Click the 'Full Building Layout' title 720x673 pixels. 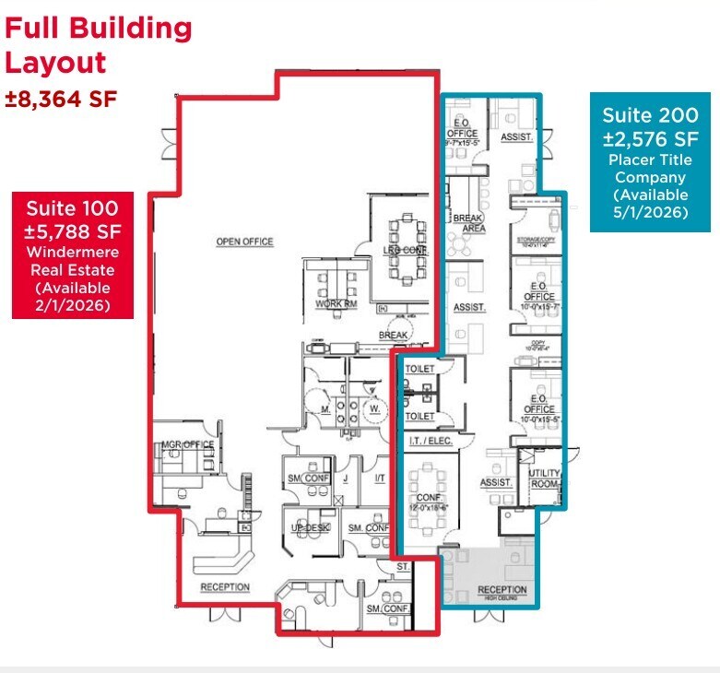99,45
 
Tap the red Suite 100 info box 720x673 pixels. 72,254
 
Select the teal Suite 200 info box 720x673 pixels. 650,161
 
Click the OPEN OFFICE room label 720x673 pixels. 244,242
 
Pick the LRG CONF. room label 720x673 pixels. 402,251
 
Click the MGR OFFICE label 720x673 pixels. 188,444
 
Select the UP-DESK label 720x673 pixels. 311,527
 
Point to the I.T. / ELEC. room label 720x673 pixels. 429,442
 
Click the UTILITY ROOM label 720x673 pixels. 545,478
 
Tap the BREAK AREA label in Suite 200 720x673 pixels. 468,222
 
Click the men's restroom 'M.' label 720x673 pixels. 325,407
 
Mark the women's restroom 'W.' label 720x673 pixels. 374,407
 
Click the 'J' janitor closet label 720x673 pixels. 345,478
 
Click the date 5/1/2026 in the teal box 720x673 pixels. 650,211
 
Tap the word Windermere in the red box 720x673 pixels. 72,253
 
